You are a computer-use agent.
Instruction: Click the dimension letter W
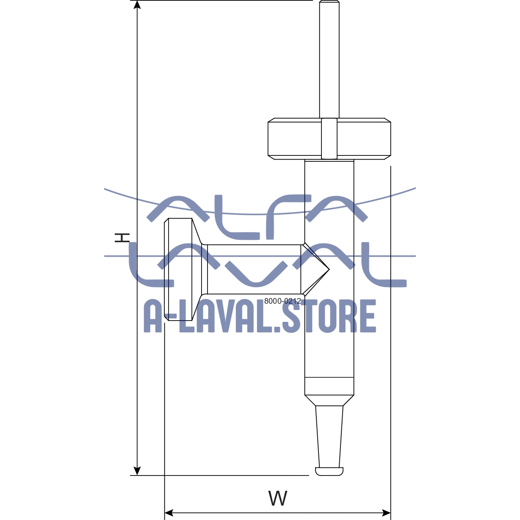click(278, 498)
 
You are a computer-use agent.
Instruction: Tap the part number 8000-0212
click(282, 301)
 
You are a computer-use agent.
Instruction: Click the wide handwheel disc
click(292, 139)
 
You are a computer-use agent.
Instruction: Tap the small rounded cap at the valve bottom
click(329, 471)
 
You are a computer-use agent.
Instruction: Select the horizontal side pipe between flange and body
click(254, 269)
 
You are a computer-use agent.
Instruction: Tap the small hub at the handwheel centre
click(329, 139)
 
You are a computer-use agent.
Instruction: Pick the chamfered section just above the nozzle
click(329, 401)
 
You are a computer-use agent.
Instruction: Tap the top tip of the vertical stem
click(329, 3)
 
